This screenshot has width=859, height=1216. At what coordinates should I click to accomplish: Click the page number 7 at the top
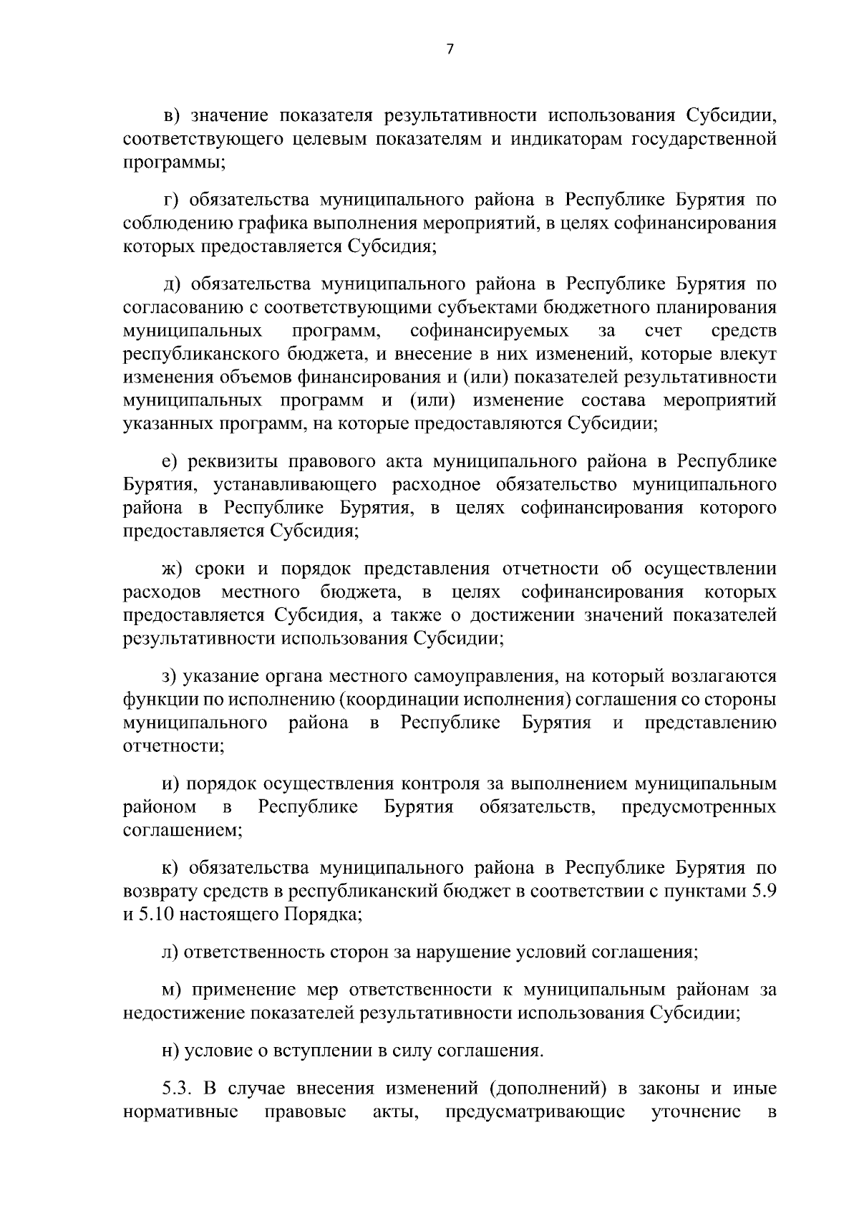pos(450,49)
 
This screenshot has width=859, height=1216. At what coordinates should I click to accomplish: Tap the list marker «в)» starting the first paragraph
pos(173,117)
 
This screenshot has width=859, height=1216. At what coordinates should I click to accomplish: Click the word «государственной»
pos(704,139)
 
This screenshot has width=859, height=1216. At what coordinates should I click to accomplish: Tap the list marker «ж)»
pos(174,569)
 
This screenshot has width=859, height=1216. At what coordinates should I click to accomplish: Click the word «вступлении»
pos(321,1052)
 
